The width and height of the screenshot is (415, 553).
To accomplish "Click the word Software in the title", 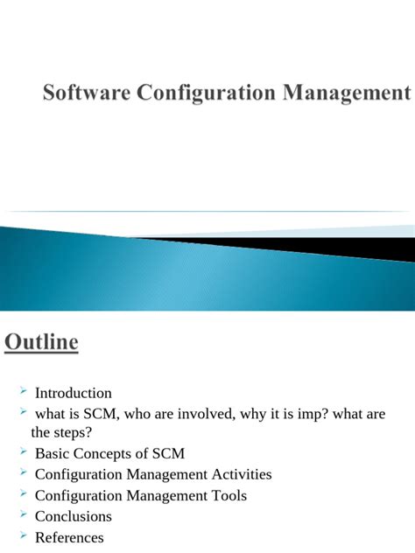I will (x=84, y=93).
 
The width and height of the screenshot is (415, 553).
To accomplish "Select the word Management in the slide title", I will (x=346, y=93).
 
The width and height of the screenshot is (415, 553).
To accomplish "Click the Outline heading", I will (x=41, y=342).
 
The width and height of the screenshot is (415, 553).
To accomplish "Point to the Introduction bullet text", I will (x=74, y=393).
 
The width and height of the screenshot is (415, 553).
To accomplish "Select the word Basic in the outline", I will (x=53, y=453).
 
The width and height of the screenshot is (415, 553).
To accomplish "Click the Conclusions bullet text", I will (x=74, y=516).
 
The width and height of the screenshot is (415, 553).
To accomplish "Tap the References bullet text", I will (x=69, y=537).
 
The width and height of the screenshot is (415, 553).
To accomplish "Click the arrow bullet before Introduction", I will (x=23, y=391).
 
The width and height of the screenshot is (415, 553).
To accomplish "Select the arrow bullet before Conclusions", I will (x=23, y=514).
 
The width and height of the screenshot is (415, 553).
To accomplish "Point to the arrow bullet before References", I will (x=23, y=535).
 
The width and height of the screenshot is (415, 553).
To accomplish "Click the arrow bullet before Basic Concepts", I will (x=23, y=451).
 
